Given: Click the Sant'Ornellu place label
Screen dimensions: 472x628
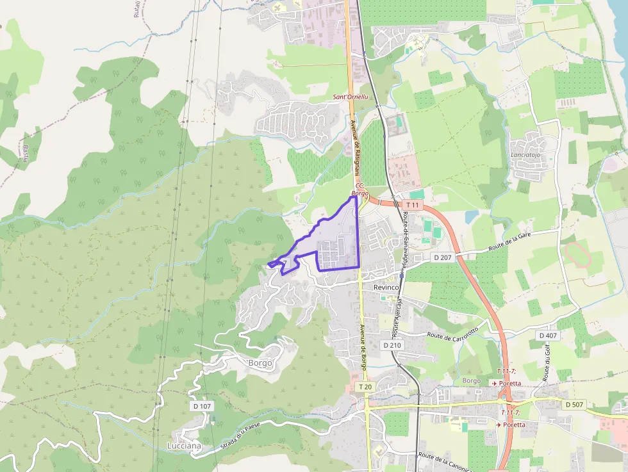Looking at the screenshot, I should point(351,97).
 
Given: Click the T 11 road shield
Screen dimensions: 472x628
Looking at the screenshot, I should point(413,205).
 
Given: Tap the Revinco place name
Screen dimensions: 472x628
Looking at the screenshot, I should point(386,288).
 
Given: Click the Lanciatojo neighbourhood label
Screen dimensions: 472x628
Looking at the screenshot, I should point(526,155).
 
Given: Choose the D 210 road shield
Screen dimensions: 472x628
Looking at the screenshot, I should point(392,345).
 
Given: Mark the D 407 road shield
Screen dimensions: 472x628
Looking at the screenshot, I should point(548,336).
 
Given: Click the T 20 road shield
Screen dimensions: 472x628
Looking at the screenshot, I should point(365,387).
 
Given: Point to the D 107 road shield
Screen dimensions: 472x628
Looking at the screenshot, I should point(201,406).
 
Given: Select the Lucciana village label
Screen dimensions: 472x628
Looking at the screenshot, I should point(184,446).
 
